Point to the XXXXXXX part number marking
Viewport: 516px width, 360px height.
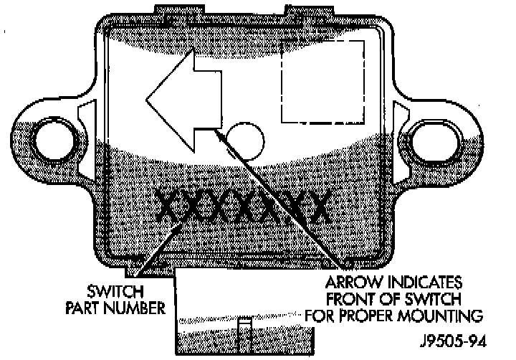244,209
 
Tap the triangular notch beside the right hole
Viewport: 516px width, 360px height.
400,114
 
